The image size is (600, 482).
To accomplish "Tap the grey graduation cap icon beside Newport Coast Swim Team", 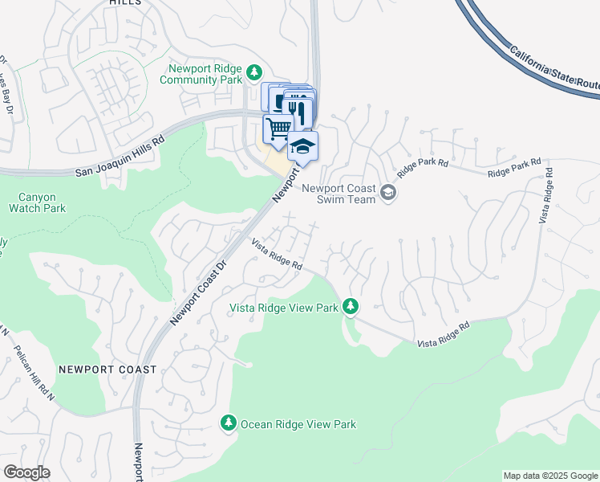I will pos(388,193).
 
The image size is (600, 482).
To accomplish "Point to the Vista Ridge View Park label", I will pos(284,308).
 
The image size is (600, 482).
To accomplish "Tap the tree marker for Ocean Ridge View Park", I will pos(229,423).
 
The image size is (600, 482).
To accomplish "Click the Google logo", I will pos(26,472).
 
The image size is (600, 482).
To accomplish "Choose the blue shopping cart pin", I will pos(278,129).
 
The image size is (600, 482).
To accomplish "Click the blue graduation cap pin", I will pos(302,146).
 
